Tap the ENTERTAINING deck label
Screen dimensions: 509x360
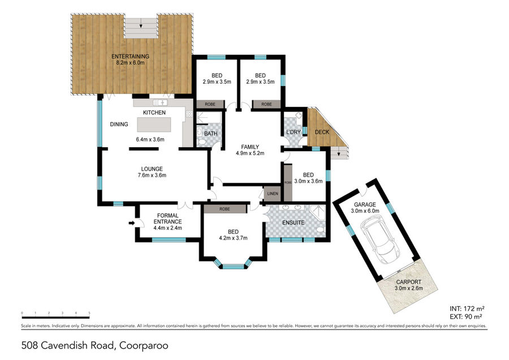(x=130, y=56)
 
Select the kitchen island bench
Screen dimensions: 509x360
(x=154, y=125)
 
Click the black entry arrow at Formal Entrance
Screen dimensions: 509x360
(x=131, y=223)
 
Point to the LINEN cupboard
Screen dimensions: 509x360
(x=273, y=194)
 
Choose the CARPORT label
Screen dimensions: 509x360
(x=408, y=282)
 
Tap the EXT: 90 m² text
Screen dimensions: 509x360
(x=465, y=316)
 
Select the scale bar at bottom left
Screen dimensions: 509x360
(x=55, y=317)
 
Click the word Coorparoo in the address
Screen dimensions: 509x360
(x=144, y=345)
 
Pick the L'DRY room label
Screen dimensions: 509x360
(x=293, y=132)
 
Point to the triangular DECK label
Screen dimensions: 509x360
(x=322, y=132)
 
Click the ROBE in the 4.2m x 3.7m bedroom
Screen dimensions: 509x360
(x=225, y=209)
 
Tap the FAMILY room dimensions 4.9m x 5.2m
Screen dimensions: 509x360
(x=250, y=153)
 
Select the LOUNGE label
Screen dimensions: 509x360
(x=152, y=169)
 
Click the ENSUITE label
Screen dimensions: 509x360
(x=293, y=222)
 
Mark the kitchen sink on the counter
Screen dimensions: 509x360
(x=160, y=102)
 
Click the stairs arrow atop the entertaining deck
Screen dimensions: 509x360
(x=141, y=25)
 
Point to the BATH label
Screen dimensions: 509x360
(x=211, y=133)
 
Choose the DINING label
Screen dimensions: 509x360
(x=119, y=124)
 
